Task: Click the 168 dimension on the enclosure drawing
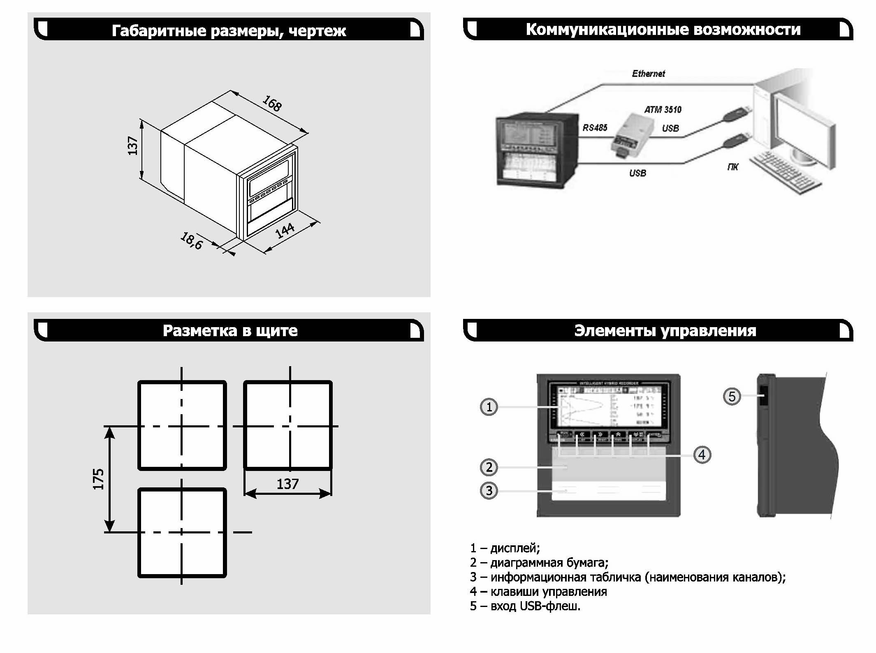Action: (x=272, y=104)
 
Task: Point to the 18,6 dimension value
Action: (x=192, y=241)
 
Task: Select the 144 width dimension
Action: (x=285, y=231)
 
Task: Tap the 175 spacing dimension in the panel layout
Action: (x=99, y=479)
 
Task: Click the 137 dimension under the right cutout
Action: (x=287, y=484)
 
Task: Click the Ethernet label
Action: (x=648, y=74)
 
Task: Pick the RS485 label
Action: (x=595, y=128)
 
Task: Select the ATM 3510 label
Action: (x=663, y=110)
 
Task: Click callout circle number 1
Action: (x=489, y=407)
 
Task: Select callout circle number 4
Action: (x=702, y=455)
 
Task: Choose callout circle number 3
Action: (x=489, y=491)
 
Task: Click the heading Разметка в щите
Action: (x=230, y=331)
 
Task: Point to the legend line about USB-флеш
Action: (x=525, y=606)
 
